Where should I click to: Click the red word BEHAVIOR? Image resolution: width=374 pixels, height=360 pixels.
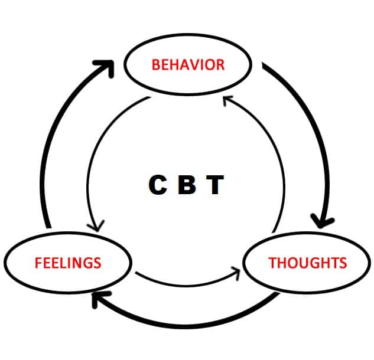(x=188, y=64)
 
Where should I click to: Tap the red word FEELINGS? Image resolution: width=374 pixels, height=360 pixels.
(x=68, y=263)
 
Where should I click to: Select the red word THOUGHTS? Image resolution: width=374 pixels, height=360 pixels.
(x=308, y=263)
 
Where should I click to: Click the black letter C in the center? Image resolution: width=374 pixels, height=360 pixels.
(x=158, y=185)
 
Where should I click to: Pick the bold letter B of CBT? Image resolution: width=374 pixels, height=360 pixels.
(x=187, y=185)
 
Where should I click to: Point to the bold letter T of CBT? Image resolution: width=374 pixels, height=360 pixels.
(x=215, y=185)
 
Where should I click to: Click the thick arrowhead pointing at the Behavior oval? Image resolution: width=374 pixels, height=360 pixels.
(x=106, y=67)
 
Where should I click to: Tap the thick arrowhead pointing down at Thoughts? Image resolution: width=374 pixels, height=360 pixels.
(x=321, y=221)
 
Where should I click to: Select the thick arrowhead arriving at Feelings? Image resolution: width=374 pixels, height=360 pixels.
(x=100, y=298)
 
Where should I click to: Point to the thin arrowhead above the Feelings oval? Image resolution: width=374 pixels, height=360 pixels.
(x=96, y=227)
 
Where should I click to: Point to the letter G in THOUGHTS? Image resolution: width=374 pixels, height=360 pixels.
(x=311, y=263)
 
